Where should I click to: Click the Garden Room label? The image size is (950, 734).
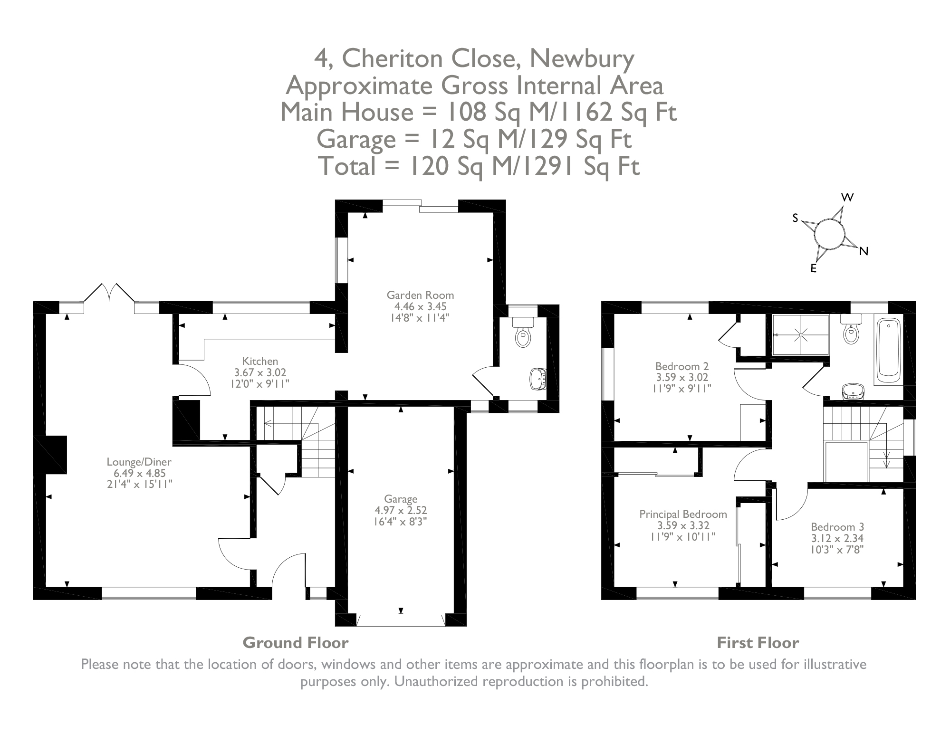pyautogui.click(x=420, y=295)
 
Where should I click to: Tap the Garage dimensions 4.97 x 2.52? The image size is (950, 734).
pyautogui.click(x=401, y=510)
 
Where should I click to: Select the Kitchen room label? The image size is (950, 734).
pyautogui.click(x=260, y=361)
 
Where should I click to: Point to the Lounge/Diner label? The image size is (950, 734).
pyautogui.click(x=139, y=461)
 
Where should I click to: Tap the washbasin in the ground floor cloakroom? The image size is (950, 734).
pyautogui.click(x=538, y=379)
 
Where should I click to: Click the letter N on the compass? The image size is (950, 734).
pyautogui.click(x=864, y=252)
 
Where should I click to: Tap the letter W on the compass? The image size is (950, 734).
pyautogui.click(x=847, y=198)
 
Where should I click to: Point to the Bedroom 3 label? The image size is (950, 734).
pyautogui.click(x=837, y=526)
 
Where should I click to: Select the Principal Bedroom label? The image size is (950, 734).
pyautogui.click(x=683, y=514)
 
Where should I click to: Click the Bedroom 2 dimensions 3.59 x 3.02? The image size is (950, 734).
pyautogui.click(x=682, y=378)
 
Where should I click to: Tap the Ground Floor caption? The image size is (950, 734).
pyautogui.click(x=296, y=643)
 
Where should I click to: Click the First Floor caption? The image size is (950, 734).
pyautogui.click(x=758, y=643)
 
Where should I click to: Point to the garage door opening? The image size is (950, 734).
pyautogui.click(x=401, y=620)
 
